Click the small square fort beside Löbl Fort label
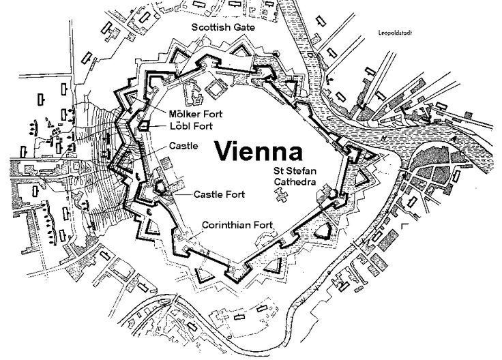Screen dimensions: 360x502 (x=145, y=125)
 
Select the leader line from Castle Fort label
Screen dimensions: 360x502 (x=179, y=193)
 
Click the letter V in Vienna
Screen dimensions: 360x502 (x=224, y=151)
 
